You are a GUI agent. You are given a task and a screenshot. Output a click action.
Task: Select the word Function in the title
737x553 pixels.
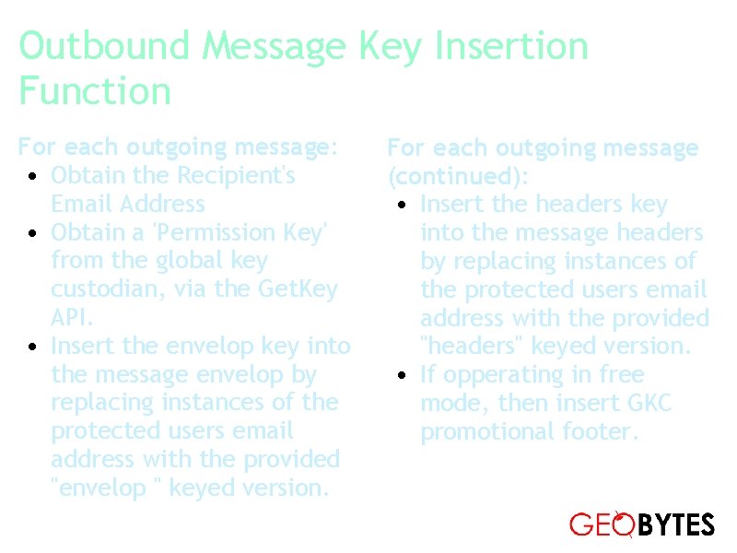95,92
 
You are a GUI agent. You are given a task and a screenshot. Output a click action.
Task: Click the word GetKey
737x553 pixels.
298,289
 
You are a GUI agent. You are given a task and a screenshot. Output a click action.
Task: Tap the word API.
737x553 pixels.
72,318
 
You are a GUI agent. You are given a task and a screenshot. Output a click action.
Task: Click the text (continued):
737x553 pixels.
458,176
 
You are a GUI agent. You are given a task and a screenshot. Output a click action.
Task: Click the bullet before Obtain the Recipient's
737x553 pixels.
33,176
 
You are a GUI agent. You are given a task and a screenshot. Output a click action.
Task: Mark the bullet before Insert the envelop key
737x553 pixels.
33,347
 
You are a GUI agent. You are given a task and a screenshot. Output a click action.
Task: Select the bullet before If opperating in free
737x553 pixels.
403,376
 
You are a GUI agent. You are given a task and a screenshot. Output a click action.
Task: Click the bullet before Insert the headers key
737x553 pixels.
403,205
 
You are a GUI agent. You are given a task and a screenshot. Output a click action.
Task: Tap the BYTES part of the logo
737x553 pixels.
676,525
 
